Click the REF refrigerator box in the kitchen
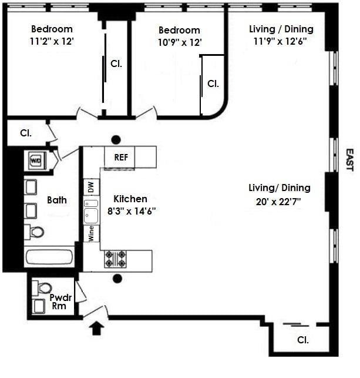(120, 157)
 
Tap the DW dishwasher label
(90, 188)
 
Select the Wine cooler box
(90, 233)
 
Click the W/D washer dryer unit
(36, 159)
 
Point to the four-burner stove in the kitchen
(115, 259)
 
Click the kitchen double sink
(90, 210)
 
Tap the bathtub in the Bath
(49, 257)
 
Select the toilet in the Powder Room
(43, 288)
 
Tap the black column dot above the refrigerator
(116, 139)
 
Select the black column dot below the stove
(117, 279)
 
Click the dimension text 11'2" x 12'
(52, 42)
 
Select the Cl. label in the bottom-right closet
(303, 339)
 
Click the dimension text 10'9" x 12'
(179, 42)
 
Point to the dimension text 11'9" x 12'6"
(281, 42)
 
